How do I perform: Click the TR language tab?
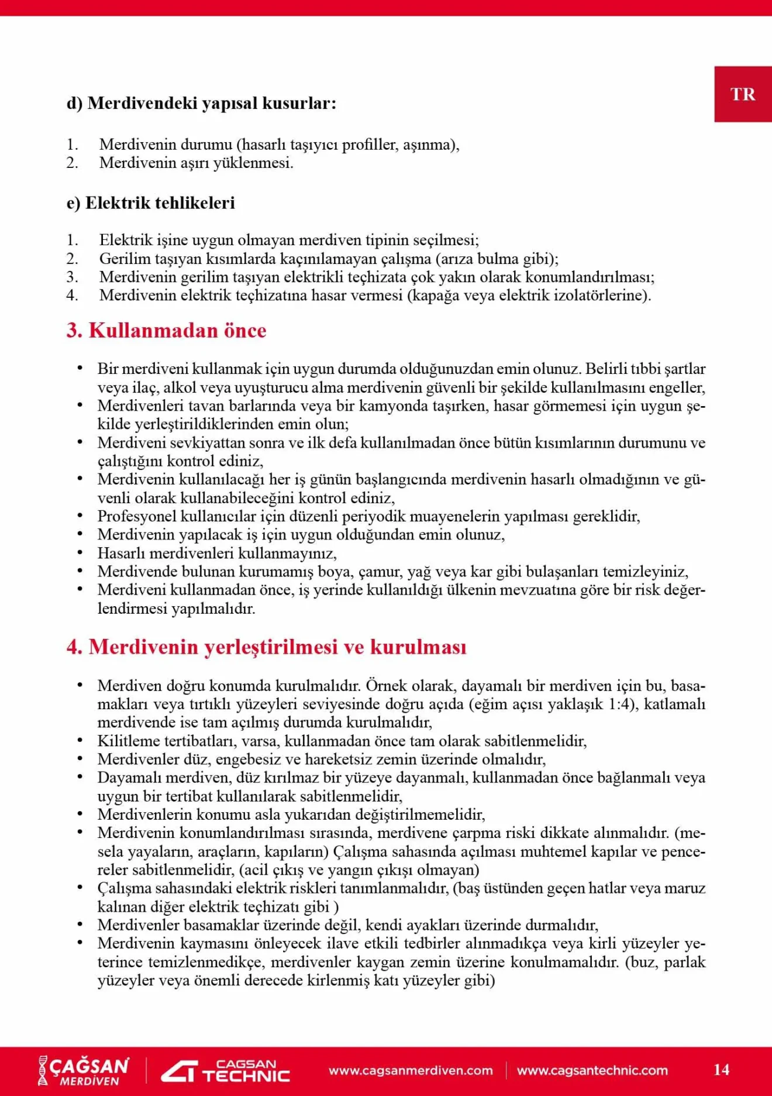click(x=743, y=94)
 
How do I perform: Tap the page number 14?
click(x=721, y=1070)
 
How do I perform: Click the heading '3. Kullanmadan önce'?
click(x=167, y=331)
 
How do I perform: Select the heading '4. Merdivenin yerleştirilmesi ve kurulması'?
click(x=267, y=647)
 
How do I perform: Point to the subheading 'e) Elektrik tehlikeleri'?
click(x=151, y=203)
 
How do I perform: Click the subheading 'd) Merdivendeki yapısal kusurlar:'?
click(x=201, y=103)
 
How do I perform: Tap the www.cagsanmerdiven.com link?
click(x=411, y=1070)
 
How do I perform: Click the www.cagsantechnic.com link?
click(x=592, y=1070)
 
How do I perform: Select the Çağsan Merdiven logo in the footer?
click(x=84, y=1070)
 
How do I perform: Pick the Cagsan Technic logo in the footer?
click(x=226, y=1070)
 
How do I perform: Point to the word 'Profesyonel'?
click(x=136, y=517)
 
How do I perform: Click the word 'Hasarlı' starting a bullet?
click(x=121, y=554)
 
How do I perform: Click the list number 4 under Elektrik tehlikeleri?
click(x=72, y=296)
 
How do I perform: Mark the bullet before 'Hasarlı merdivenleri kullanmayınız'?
click(x=80, y=553)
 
